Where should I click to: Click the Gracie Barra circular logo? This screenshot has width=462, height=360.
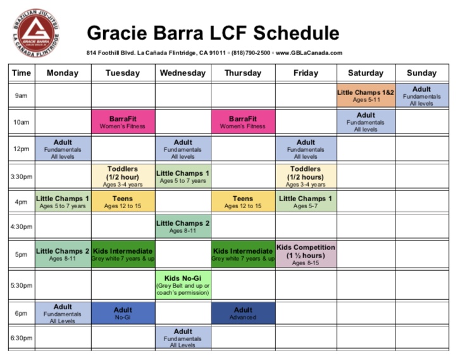click(36, 33)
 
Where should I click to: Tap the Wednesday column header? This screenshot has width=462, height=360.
click(183, 73)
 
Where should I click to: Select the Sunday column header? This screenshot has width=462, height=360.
click(421, 73)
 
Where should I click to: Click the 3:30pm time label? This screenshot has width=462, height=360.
click(22, 177)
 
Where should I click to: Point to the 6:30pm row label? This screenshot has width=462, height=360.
click(22, 338)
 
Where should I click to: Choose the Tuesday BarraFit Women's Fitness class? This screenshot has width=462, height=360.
click(123, 122)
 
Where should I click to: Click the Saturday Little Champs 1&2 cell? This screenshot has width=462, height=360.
click(366, 96)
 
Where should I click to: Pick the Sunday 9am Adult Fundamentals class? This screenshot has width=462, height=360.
click(422, 96)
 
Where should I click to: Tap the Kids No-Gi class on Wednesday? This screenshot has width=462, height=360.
click(183, 285)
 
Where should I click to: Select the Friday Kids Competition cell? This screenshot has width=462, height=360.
click(306, 254)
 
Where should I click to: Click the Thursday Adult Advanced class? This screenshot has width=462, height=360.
click(243, 313)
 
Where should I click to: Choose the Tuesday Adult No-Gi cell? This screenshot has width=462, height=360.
click(123, 313)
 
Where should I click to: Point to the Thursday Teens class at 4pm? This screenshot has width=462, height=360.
click(243, 201)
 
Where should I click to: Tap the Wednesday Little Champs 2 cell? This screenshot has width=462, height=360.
click(183, 227)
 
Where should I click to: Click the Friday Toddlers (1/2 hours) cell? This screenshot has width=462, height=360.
click(306, 177)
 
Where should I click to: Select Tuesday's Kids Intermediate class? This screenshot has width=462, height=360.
click(123, 254)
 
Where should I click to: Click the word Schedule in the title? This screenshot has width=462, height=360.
click(296, 33)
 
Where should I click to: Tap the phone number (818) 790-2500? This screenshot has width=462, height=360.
click(251, 53)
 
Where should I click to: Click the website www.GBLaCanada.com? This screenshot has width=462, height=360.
click(309, 53)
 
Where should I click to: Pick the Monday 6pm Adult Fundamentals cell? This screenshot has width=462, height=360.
click(63, 313)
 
